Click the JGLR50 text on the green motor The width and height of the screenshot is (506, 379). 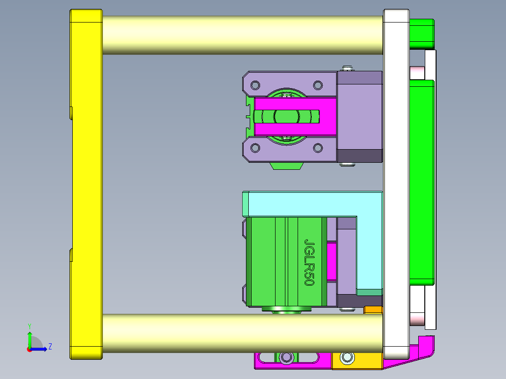click(309, 262)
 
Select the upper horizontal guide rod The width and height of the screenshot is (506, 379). click(242, 35)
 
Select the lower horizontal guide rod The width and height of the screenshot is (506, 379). click(242, 333)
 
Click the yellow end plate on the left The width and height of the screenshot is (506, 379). click(86, 188)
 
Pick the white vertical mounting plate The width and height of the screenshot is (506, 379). click(396, 188)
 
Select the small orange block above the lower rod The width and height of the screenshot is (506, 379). click(374, 310)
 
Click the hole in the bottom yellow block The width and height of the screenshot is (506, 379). click(347, 358)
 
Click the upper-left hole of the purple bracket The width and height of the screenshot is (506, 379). click(255, 85)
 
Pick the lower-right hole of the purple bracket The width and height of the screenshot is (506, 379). click(318, 148)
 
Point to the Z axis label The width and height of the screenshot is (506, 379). click(50, 347)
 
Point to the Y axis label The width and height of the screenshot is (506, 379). click(29, 326)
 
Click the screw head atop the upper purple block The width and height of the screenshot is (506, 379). click(347, 68)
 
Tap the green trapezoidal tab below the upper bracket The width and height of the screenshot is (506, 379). click(287, 166)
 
